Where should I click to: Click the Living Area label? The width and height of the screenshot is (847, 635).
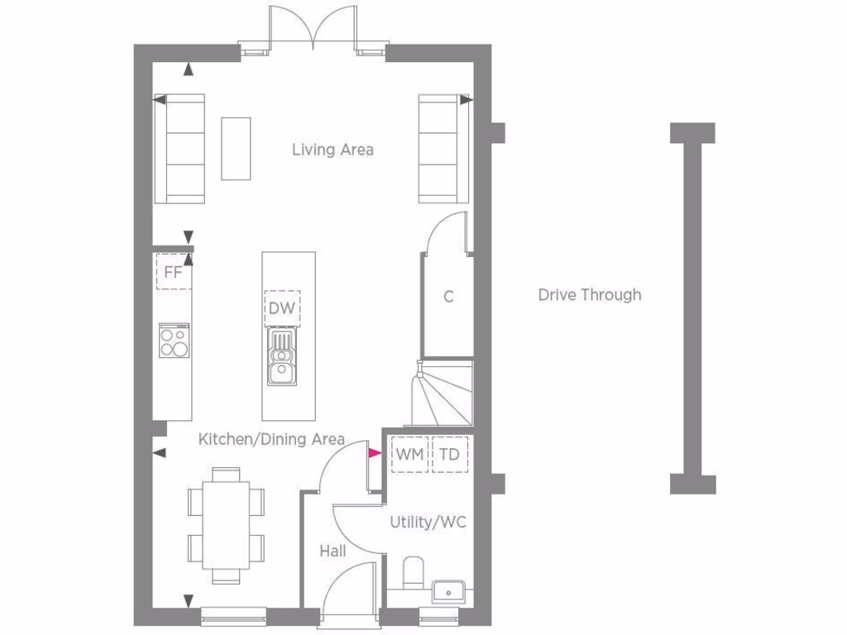click(333, 150)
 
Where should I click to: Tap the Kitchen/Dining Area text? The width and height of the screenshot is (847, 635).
click(271, 439)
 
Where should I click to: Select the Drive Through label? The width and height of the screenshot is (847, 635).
click(589, 294)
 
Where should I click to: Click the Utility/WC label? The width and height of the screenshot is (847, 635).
click(428, 522)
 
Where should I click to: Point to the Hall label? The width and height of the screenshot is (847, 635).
click(333, 551)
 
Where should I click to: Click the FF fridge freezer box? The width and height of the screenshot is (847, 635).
click(174, 271)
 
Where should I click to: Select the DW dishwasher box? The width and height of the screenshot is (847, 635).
click(282, 308)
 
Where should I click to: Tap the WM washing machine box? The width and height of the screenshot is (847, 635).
click(409, 455)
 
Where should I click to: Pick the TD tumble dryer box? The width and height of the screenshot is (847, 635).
click(449, 455)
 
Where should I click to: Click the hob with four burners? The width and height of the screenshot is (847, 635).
click(174, 340)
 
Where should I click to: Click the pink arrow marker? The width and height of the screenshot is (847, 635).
click(374, 453)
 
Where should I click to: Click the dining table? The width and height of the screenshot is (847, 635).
click(227, 523)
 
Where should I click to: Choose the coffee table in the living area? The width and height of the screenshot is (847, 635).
click(236, 148)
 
